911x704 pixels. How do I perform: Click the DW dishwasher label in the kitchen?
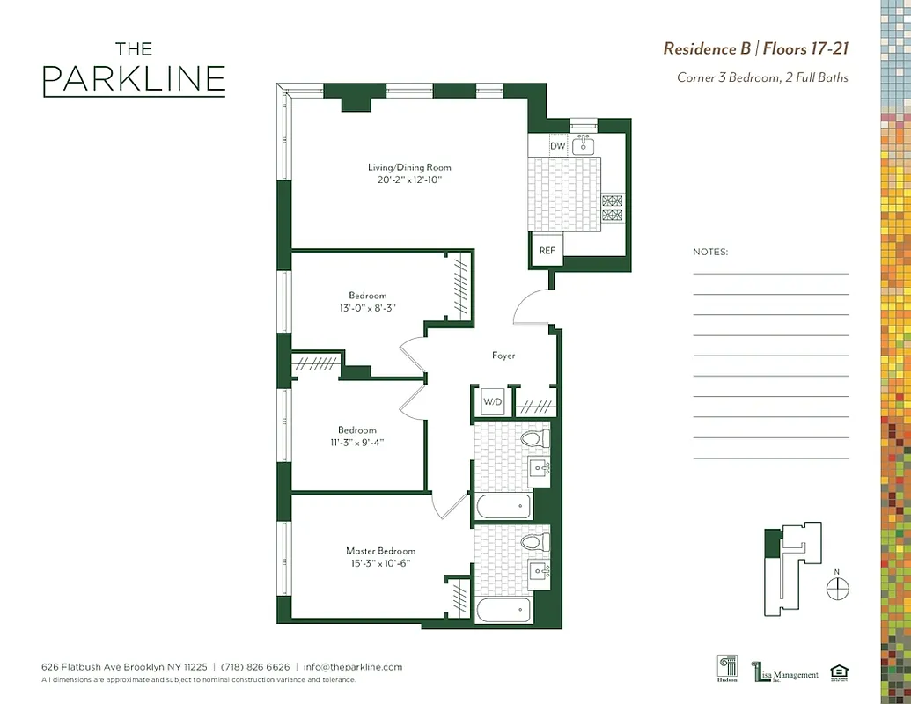pos(557,146)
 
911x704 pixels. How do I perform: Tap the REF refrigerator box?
pos(547,251)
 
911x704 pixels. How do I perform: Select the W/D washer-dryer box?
pos(492,402)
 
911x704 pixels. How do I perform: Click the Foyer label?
pos(503,356)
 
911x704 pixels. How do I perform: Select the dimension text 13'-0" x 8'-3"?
pos(368,308)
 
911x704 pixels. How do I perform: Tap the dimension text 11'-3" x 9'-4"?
pos(357,442)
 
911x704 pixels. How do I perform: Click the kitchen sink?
pos(584,145)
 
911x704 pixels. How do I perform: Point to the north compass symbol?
pos(838,588)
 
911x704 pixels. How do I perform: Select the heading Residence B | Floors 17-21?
pos(755,48)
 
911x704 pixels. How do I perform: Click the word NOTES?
pos(710,252)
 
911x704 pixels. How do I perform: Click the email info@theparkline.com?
pos(352,667)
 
